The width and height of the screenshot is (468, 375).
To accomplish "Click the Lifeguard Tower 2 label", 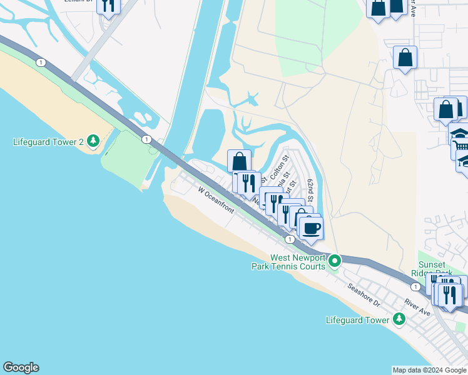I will [48, 142].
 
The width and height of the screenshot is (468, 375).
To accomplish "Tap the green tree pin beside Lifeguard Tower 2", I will [93, 141].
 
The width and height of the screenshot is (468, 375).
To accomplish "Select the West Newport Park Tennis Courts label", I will [298, 262].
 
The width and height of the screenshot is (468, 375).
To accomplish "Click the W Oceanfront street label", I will [216, 200].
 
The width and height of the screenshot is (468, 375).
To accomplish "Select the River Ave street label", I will [417, 307].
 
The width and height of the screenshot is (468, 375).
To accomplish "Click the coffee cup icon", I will [311, 227].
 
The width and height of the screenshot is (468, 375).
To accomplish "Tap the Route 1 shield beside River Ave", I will [415, 286].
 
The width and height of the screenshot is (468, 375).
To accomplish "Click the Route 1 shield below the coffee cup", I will [290, 239].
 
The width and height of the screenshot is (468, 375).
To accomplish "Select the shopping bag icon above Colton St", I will [239, 161].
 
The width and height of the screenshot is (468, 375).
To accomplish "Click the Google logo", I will [20, 367].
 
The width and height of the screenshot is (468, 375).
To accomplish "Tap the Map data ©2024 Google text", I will [429, 370].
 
